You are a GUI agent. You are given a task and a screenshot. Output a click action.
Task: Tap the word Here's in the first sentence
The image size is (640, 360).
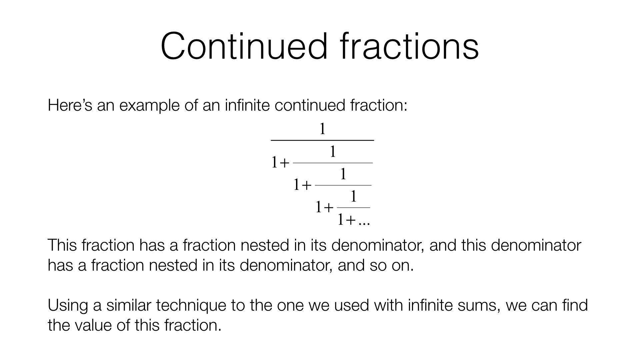[70, 105]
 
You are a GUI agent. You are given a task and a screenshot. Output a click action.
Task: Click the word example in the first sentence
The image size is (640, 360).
[150, 106]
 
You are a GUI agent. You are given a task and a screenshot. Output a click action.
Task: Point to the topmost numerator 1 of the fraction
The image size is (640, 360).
[322, 129]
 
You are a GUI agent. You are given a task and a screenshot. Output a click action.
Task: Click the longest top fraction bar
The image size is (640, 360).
[322, 140]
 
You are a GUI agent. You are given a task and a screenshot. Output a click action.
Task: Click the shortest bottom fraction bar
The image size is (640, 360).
[354, 208]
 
